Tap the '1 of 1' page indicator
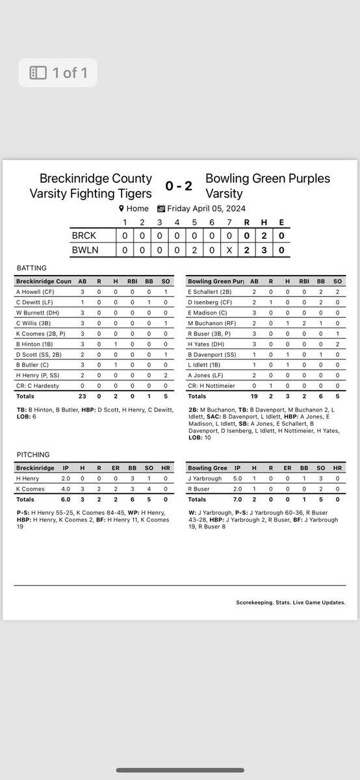(x=57, y=73)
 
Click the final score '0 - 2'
(x=179, y=186)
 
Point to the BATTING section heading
(x=32, y=267)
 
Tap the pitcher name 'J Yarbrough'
(x=205, y=478)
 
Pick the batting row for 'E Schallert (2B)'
(x=211, y=292)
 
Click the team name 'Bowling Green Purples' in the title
(x=268, y=178)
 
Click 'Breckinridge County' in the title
(x=96, y=178)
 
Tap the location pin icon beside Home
(x=121, y=209)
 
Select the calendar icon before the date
(x=161, y=209)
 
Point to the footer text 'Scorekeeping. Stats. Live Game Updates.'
(x=290, y=603)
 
